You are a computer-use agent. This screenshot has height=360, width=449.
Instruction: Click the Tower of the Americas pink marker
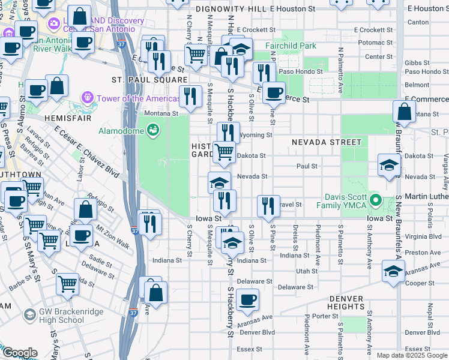point(89,97)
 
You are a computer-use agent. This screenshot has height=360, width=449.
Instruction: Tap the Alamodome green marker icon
point(153,128)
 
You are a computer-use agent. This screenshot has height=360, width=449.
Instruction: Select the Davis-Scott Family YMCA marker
point(376,200)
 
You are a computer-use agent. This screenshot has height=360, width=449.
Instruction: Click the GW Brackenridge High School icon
point(29,315)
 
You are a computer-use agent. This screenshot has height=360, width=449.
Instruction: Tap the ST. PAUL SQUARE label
point(149,79)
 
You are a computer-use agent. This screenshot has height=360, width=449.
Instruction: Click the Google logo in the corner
point(19,353)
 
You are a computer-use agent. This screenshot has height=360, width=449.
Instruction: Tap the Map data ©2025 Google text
point(412,355)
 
